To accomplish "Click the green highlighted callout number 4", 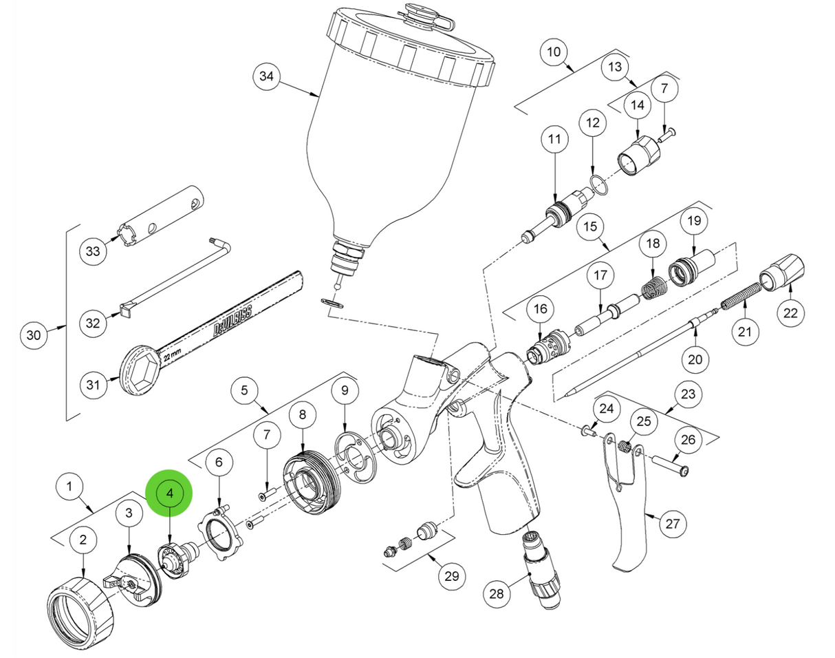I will [x=169, y=493].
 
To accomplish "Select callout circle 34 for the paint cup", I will [x=266, y=76].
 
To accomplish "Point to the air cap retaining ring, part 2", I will [x=81, y=606].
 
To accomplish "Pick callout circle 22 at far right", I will [x=790, y=313].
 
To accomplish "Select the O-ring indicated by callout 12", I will [x=597, y=184].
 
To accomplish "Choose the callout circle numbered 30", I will [x=34, y=336].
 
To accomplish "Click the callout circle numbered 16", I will [x=539, y=310].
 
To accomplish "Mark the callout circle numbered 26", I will [x=688, y=439].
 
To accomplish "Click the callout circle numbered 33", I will [x=94, y=252].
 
